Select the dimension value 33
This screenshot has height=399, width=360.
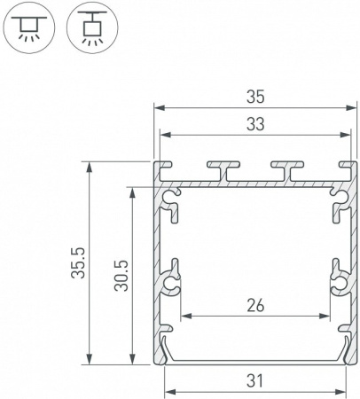pyautogui.click(x=254, y=124)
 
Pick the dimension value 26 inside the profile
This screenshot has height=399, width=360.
pyautogui.click(x=254, y=306)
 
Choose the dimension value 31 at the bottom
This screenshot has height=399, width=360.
pyautogui.click(x=254, y=381)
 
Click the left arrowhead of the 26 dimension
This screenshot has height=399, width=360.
pyautogui.click(x=184, y=317)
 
